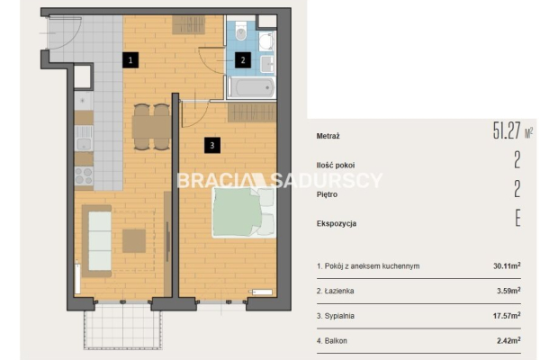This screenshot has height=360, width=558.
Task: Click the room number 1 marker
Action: [130, 59]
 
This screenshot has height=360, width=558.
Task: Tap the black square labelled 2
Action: [243, 59]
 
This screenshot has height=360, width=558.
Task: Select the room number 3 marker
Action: [212, 145]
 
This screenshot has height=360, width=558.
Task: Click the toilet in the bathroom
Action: [241, 31]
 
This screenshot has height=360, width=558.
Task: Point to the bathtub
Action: [251, 87]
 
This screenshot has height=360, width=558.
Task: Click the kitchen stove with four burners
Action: [84, 175]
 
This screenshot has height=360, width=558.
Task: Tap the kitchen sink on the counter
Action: [84, 139]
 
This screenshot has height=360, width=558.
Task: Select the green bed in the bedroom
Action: [244, 212]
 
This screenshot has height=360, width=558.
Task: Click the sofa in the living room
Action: [97, 241]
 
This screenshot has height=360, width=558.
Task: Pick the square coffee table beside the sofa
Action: [134, 241]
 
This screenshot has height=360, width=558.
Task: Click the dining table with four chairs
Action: [151, 127]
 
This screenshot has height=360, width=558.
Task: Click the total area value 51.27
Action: [507, 130]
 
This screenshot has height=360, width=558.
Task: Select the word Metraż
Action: [328, 136]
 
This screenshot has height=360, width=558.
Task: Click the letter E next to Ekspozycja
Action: [517, 218]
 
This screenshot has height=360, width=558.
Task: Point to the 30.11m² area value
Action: [507, 265]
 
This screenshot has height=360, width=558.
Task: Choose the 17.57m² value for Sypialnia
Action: [507, 316]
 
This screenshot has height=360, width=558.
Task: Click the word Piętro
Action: [327, 194]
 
